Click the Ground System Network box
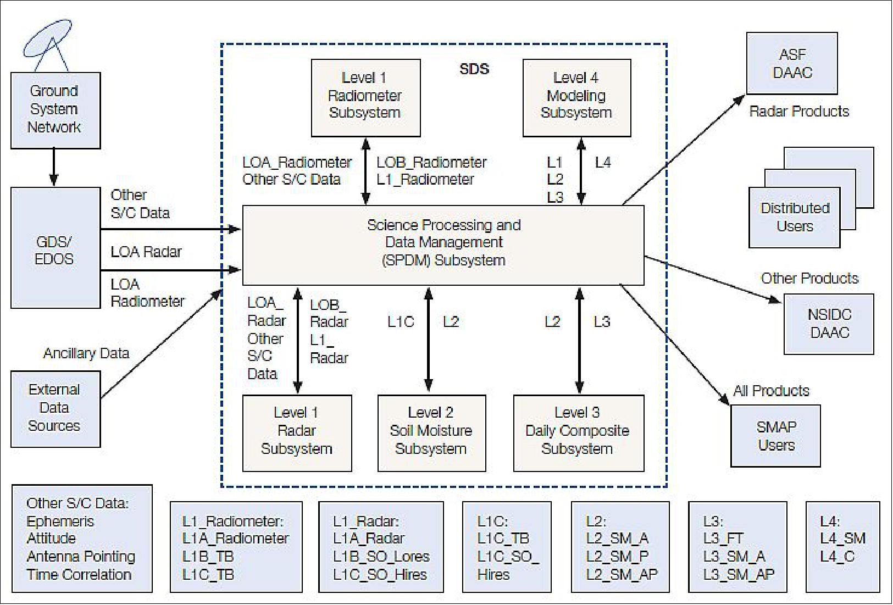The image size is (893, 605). [x=55, y=110]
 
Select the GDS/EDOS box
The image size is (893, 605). [x=55, y=248]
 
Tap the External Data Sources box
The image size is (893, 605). [x=55, y=408]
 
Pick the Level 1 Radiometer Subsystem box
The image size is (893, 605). [x=365, y=97]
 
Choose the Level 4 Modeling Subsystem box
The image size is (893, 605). [x=576, y=97]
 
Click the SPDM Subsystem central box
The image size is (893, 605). [x=443, y=245]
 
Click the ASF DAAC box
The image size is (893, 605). [x=792, y=64]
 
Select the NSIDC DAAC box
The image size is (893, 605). [x=829, y=324]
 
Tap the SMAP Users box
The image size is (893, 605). [x=775, y=436]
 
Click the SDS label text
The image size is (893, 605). [x=474, y=69]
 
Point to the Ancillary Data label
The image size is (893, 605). [x=86, y=353]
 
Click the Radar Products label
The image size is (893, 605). [x=799, y=112]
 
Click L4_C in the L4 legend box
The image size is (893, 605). [x=837, y=557]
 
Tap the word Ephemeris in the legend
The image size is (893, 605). [x=60, y=521]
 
